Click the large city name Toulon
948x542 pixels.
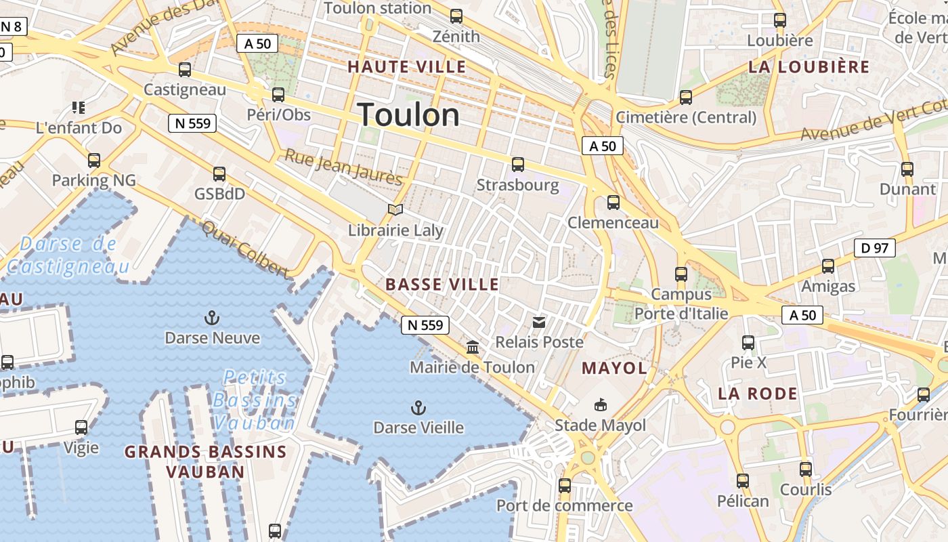[x=408, y=114]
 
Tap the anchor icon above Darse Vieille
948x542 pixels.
[x=418, y=407]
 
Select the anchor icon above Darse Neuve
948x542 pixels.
[x=212, y=317]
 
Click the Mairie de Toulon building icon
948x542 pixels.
[x=473, y=348]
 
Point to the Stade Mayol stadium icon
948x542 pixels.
[x=600, y=405]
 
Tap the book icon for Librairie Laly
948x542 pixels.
[x=395, y=210]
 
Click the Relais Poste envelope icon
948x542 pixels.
[x=539, y=322]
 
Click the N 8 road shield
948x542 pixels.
[x=12, y=27]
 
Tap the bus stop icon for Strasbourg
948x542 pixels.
[x=518, y=164]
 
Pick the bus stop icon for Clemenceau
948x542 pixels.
[x=613, y=202]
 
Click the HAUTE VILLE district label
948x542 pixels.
[x=406, y=66]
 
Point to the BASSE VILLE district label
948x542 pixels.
[x=442, y=285]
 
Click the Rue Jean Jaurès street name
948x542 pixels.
[x=343, y=167]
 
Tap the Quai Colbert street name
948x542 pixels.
[x=245, y=249]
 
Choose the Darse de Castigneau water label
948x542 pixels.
[x=68, y=255]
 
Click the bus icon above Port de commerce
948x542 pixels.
[x=565, y=485]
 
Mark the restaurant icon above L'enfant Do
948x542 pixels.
[x=79, y=107]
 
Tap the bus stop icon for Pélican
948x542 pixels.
[x=743, y=481]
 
